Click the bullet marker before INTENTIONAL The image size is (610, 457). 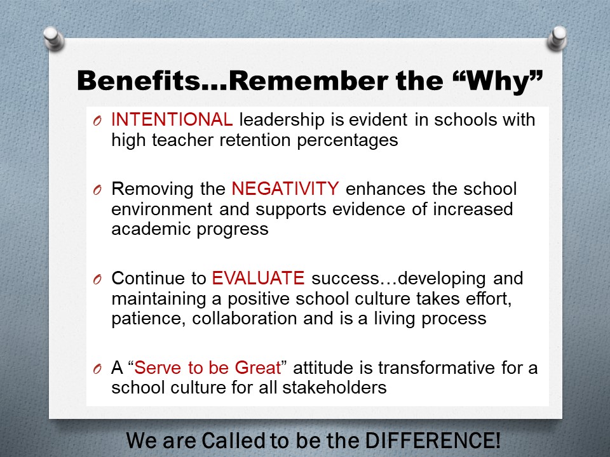click(x=97, y=122)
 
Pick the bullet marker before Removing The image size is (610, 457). click(x=97, y=191)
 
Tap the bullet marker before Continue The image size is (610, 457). click(x=97, y=281)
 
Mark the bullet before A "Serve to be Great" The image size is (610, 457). click(x=97, y=370)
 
